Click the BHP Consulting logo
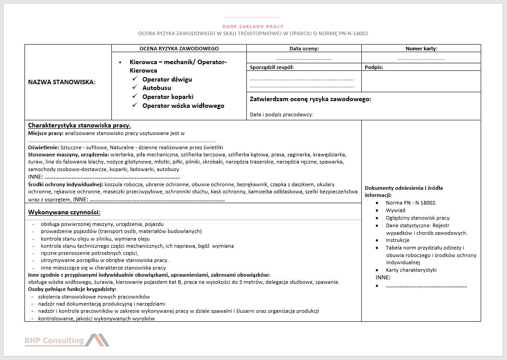tap(67, 340)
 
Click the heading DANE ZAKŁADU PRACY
tap(253, 27)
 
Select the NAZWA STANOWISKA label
tap(62, 82)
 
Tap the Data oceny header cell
tap(304, 49)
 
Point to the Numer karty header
tap(421, 49)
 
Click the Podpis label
tap(374, 67)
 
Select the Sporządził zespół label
tap(272, 67)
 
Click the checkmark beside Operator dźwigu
tap(135, 79)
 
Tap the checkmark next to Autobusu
tap(135, 88)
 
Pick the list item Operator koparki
tap(168, 97)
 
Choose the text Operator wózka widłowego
tap(183, 106)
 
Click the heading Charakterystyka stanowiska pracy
tap(79, 126)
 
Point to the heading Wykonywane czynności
tap(64, 212)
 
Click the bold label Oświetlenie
tap(43, 147)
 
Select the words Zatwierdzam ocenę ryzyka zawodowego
tap(311, 99)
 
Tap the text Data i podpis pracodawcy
tap(282, 115)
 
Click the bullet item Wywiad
tap(396, 210)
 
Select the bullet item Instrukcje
tap(397, 240)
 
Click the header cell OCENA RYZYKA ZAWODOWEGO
tap(179, 49)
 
